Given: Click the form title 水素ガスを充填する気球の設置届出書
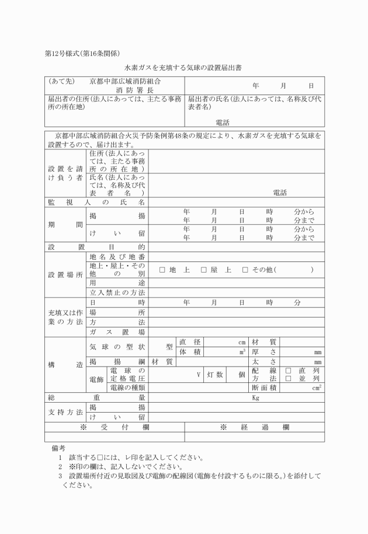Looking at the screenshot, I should pos(184,68).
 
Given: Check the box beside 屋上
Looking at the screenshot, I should pos(204,270).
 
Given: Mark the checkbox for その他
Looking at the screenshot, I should pos(245,270).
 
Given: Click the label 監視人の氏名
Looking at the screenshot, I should pos(96,202).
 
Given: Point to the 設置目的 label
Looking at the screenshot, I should pos(96,247).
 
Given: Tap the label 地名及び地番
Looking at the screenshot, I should pos(117,257).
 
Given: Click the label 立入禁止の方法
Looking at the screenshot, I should pos(117,292).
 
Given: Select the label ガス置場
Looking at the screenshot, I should pos(117,331).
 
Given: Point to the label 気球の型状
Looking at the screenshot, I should pos(117,346).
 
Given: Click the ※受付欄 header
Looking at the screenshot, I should pos(114,427).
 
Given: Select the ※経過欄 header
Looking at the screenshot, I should pos(254,427).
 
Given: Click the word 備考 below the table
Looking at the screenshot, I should pos(59,447).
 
